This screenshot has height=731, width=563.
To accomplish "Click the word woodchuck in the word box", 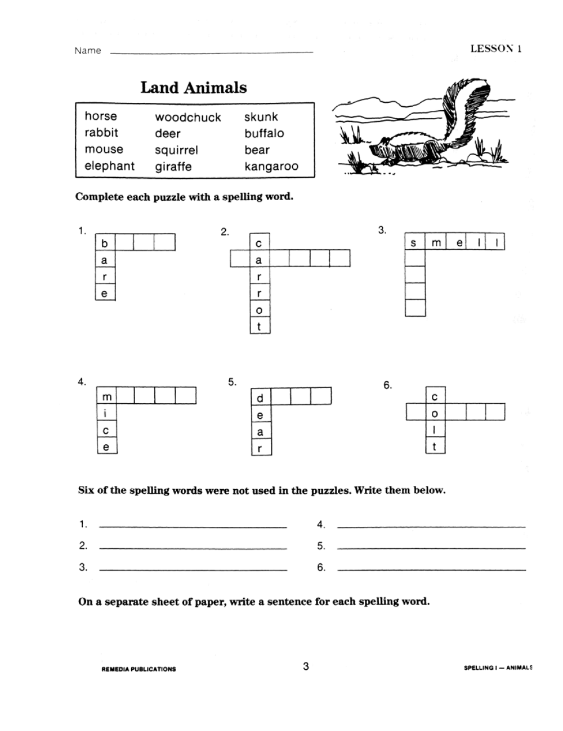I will (x=188, y=118).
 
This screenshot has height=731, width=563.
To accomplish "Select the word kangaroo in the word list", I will (x=271, y=166).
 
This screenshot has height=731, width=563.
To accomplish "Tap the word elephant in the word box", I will (x=110, y=166).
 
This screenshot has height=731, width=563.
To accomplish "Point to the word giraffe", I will (x=173, y=167).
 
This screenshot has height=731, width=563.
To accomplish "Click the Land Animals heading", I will (x=193, y=88).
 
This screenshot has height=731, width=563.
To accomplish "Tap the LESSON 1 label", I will (x=495, y=48).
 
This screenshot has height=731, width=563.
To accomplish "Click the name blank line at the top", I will (x=211, y=52).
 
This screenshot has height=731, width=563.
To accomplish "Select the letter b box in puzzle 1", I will (x=105, y=243).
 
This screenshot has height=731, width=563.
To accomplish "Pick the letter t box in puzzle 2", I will (x=260, y=326).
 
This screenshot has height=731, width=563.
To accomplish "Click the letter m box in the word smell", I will (x=436, y=243).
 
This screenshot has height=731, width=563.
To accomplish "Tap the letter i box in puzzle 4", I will (x=106, y=414).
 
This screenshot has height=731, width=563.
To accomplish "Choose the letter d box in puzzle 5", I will (x=260, y=398).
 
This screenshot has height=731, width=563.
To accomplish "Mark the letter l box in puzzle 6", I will (x=435, y=431).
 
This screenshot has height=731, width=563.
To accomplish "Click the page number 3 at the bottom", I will (x=306, y=667).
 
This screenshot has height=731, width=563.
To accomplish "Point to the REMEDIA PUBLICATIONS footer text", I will (x=138, y=669).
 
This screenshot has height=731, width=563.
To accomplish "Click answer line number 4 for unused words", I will (x=431, y=526).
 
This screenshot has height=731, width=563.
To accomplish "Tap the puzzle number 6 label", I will (x=387, y=385).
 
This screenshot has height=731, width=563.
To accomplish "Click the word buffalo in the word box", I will (x=264, y=134).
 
